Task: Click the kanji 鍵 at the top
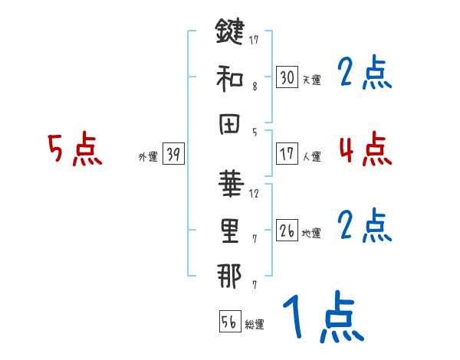(229, 34)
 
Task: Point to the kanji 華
(229, 183)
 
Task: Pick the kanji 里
(229, 231)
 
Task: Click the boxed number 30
(287, 77)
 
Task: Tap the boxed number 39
(172, 155)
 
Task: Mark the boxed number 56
(229, 322)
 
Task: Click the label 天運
(311, 80)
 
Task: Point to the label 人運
(311, 156)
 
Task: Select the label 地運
(311, 233)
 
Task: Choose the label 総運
(254, 325)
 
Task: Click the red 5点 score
(74, 149)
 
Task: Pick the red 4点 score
(365, 148)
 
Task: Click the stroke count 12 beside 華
(254, 193)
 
